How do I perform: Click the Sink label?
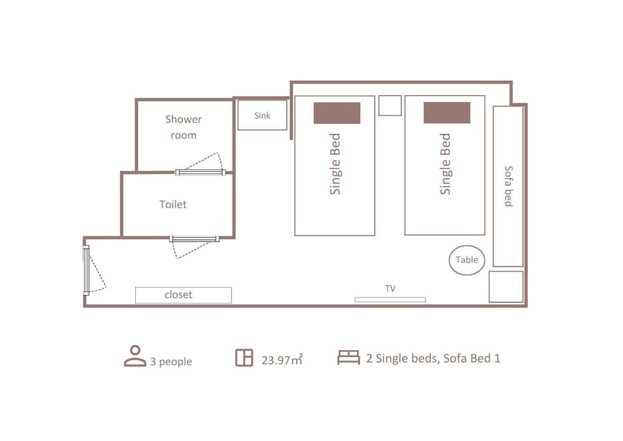[x=262, y=115]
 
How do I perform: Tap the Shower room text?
[x=184, y=127]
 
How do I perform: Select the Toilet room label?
[x=173, y=204]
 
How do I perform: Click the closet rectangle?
[x=183, y=295]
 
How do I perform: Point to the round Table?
[x=467, y=260]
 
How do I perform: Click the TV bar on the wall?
[x=390, y=299]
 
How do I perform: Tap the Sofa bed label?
[x=508, y=186]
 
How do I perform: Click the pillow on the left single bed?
[x=337, y=113]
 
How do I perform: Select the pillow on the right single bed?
[x=447, y=112]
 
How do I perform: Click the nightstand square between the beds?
[x=390, y=105]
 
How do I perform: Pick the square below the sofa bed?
[x=506, y=287]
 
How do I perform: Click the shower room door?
[x=201, y=172]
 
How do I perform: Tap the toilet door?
[x=194, y=239]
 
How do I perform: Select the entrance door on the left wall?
[x=86, y=271]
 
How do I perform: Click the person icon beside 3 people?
[x=135, y=356]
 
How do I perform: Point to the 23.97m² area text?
[x=282, y=359]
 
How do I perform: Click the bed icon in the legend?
[x=348, y=357]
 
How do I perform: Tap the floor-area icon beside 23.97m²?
[x=244, y=357]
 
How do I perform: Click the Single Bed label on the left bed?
[x=335, y=164]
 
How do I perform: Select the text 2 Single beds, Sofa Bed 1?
[x=433, y=358]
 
